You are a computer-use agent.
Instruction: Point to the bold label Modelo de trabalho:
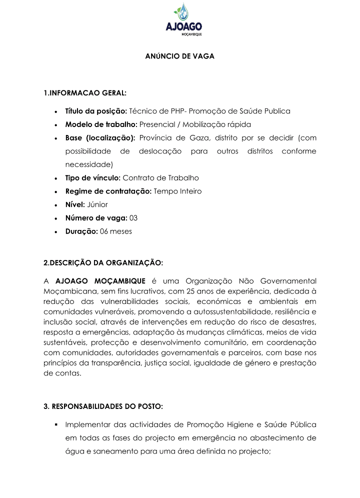click(101, 124)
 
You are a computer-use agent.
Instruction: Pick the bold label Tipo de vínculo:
click(93, 178)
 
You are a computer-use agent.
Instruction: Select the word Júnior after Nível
click(97, 204)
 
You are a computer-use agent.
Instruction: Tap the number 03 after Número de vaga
click(134, 218)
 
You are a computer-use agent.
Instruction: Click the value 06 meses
click(116, 231)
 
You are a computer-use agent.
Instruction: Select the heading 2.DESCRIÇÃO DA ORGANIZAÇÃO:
click(103, 262)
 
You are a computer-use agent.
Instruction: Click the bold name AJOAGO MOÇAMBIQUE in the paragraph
click(100, 280)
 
